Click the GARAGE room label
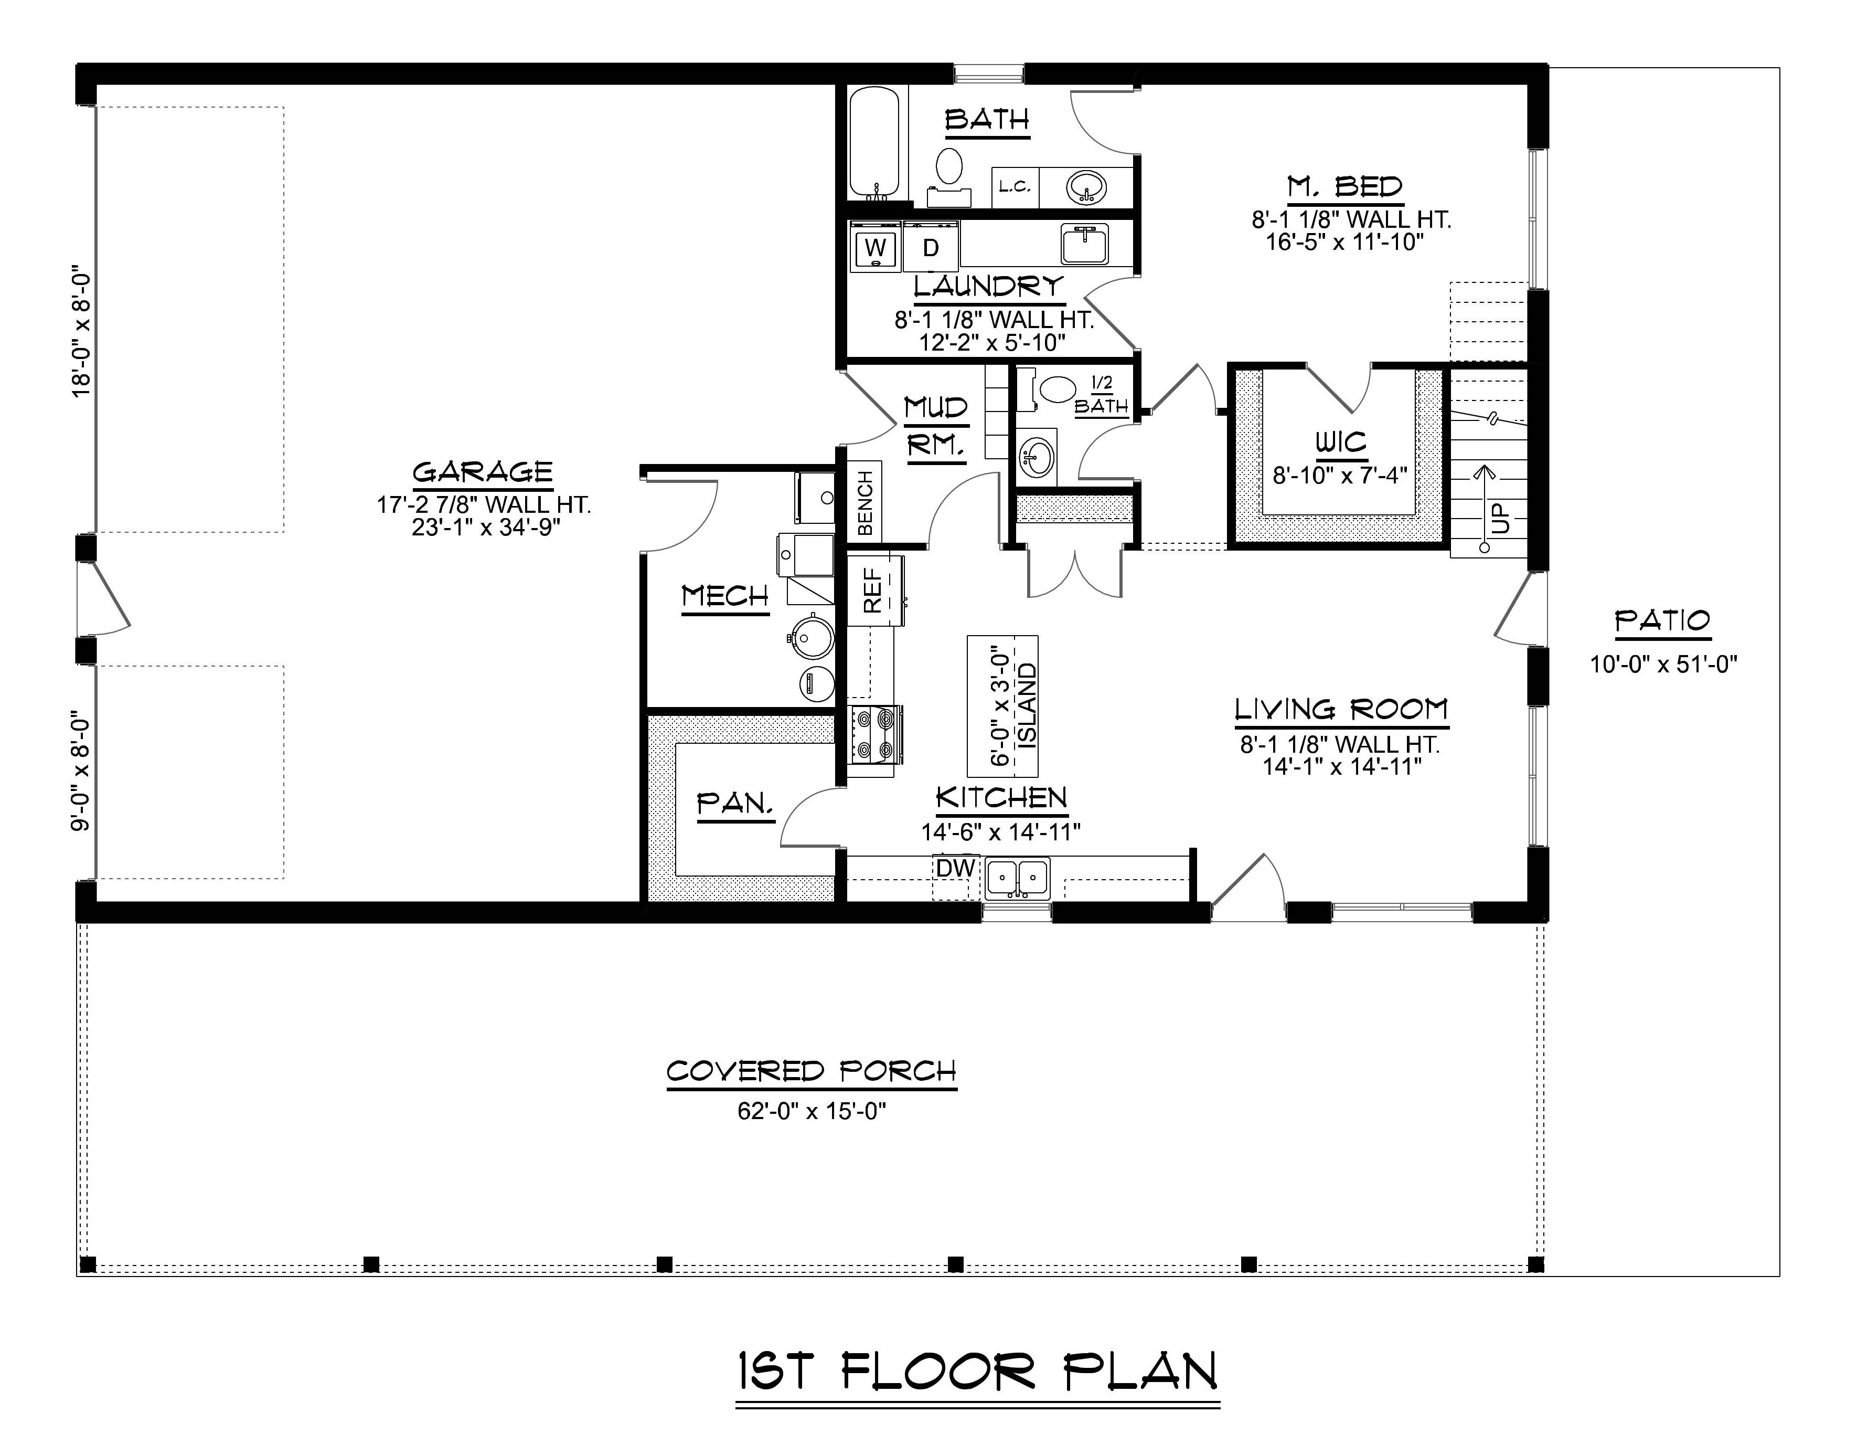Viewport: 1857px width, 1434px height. point(482,472)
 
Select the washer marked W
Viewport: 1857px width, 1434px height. point(875,248)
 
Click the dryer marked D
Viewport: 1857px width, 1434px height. point(931,248)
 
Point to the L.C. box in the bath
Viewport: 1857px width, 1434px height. point(1015,186)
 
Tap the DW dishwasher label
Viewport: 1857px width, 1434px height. point(955,868)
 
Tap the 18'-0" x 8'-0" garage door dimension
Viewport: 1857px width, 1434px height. point(81,334)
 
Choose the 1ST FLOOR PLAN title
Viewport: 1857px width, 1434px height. point(978,1372)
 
